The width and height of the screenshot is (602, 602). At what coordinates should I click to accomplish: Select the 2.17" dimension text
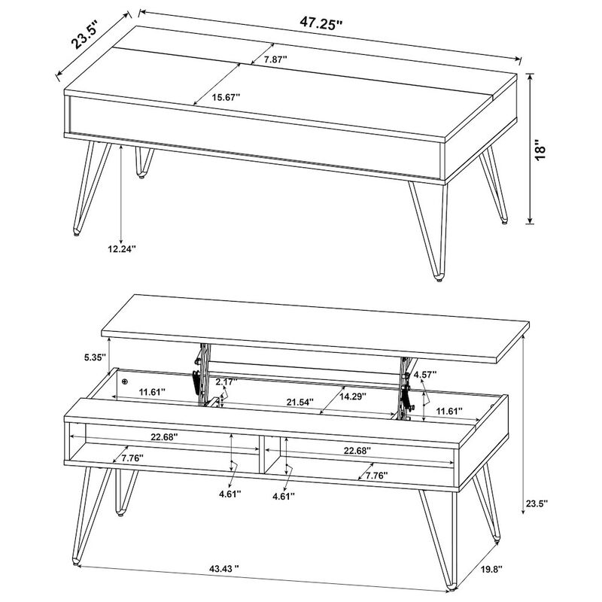pos(226,382)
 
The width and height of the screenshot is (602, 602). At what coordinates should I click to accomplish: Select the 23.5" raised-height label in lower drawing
pos(536,503)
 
